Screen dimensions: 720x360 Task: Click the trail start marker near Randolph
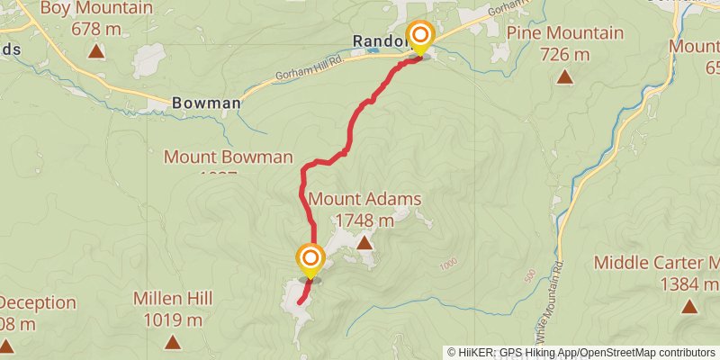click(419, 37)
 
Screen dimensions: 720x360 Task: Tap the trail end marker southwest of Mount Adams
click(310, 258)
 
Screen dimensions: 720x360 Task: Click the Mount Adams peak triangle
click(364, 243)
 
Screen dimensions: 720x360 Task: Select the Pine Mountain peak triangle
click(564, 77)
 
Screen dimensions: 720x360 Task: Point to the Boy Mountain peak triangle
click(96, 51)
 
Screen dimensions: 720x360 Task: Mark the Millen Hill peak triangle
click(173, 342)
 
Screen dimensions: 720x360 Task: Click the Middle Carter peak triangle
click(688, 306)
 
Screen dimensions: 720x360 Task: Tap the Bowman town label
click(205, 103)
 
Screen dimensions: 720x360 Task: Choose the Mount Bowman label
click(229, 157)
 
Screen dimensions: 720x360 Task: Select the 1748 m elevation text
click(364, 220)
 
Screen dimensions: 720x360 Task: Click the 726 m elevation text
click(564, 54)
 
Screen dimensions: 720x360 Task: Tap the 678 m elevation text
click(95, 28)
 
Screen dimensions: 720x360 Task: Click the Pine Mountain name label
click(564, 33)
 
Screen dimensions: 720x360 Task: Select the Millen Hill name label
click(173, 298)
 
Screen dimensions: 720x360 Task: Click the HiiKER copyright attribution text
click(581, 352)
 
